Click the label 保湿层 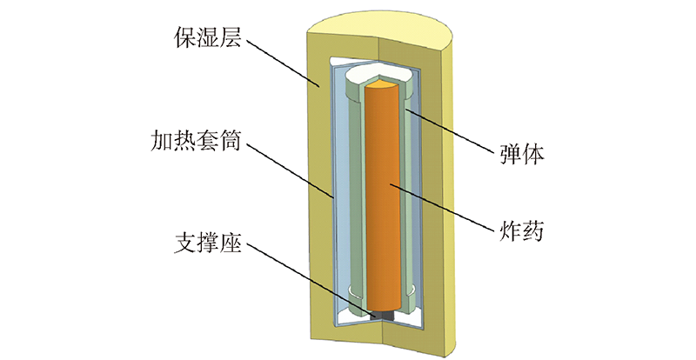[x=208, y=37]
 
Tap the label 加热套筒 [x=196, y=140]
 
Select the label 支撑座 [x=208, y=243]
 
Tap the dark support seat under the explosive [x=382, y=315]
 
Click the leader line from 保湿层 [x=282, y=63]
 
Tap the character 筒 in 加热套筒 [x=231, y=140]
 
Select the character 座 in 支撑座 [x=231, y=243]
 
